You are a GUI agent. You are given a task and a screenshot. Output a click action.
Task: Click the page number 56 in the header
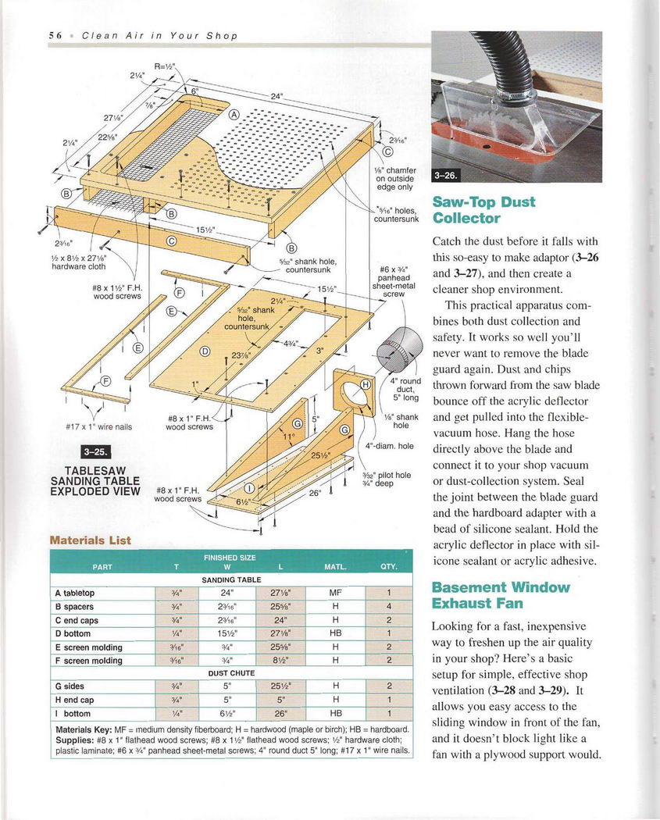click(55, 36)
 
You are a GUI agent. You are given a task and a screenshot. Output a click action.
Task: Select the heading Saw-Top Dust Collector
click(483, 209)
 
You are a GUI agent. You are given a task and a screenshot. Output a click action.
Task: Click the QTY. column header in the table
click(388, 566)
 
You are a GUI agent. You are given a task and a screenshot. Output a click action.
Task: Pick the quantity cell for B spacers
click(388, 607)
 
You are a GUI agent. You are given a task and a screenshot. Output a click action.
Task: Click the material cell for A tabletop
click(335, 593)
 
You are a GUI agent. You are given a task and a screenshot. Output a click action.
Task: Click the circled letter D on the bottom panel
click(205, 351)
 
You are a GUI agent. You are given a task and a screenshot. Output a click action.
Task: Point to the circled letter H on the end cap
click(365, 383)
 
